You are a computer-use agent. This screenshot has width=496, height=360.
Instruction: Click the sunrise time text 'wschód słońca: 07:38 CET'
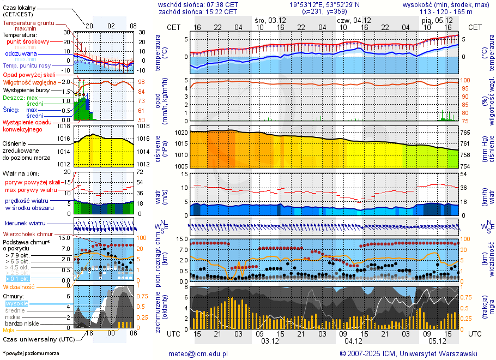point(198,4)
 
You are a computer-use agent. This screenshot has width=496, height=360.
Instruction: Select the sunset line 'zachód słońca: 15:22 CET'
point(198,11)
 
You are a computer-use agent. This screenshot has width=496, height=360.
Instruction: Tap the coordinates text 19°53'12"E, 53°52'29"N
point(324,4)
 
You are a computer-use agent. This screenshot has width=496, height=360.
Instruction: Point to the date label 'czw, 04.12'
point(350,20)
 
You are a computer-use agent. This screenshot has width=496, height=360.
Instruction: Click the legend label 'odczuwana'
point(21,54)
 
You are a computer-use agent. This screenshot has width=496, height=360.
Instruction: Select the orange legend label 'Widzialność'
point(19,286)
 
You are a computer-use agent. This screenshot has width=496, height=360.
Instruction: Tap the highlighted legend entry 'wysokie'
point(16,303)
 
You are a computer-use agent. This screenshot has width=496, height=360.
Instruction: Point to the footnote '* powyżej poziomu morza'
point(31,353)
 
